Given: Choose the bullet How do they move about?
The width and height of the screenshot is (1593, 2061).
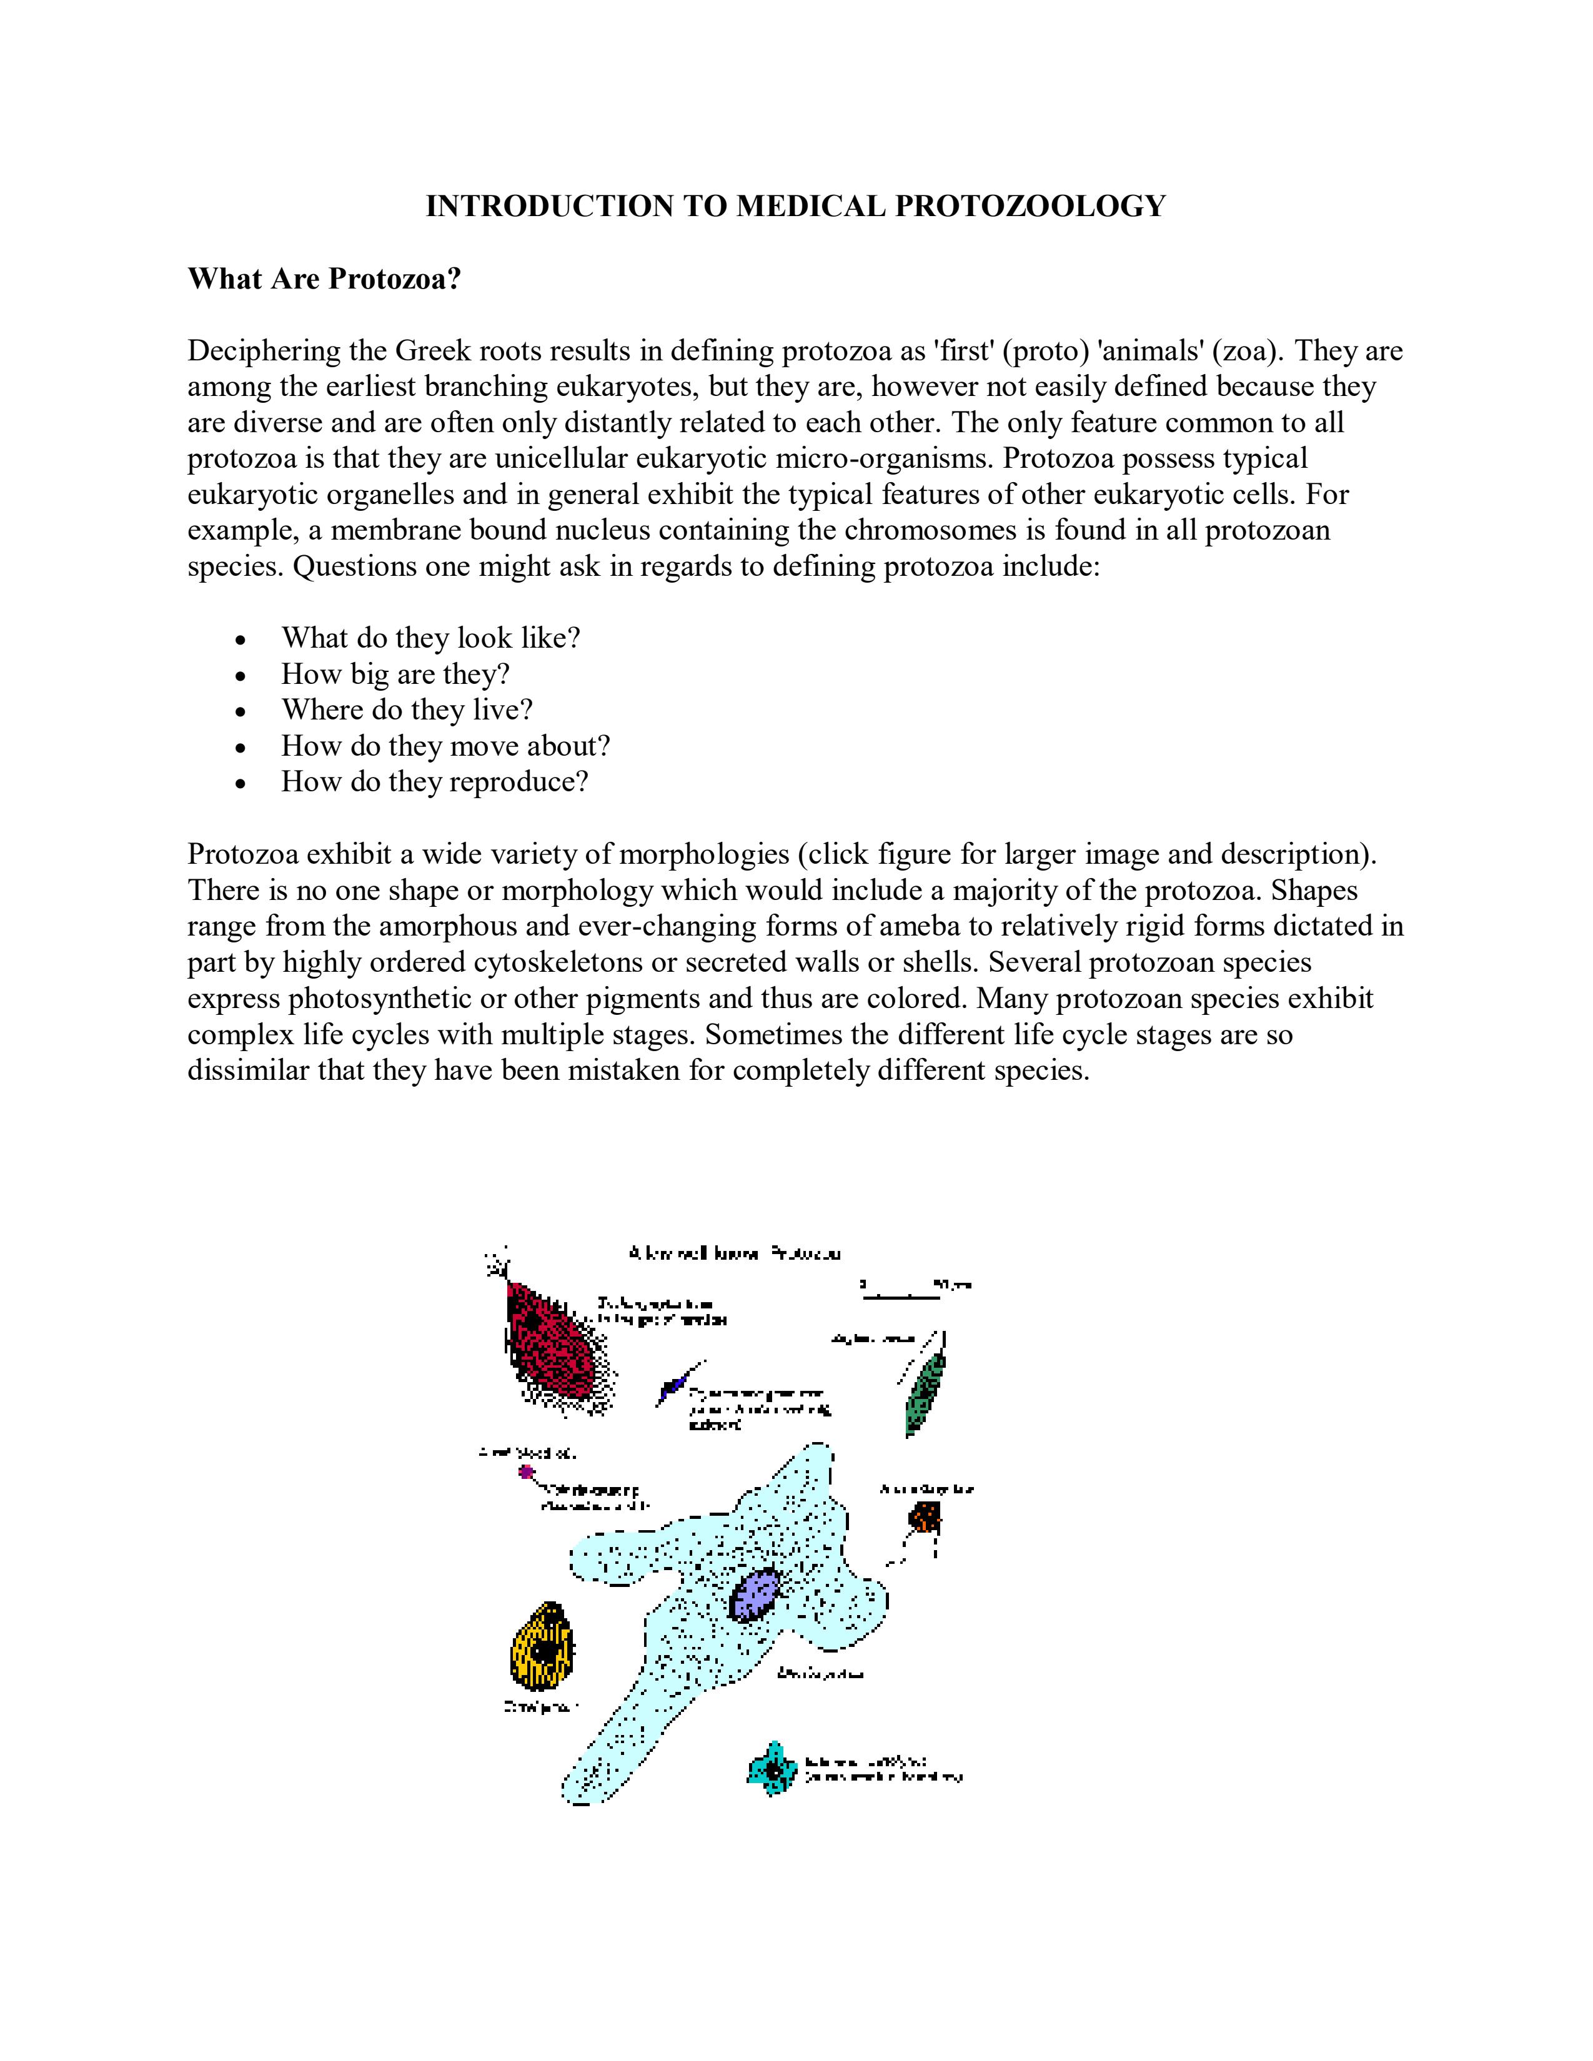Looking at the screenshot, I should (x=445, y=746).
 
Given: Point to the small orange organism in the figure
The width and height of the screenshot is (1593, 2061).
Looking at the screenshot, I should (x=924, y=1518).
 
